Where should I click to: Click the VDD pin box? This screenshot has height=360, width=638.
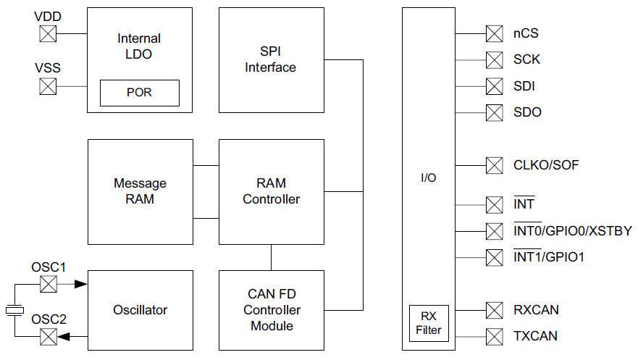pyautogui.click(x=48, y=33)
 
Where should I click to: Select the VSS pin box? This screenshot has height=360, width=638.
pyautogui.click(x=48, y=86)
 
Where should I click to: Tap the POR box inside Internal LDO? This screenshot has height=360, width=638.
pyautogui.click(x=139, y=93)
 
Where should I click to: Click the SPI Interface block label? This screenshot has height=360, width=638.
pyautogui.click(x=271, y=60)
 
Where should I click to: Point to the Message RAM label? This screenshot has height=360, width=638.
pyautogui.click(x=140, y=191)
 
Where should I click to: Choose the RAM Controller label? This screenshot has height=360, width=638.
pyautogui.click(x=271, y=191)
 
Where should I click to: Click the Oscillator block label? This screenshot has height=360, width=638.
pyautogui.click(x=140, y=310)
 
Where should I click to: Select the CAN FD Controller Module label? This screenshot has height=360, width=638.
pyautogui.click(x=272, y=310)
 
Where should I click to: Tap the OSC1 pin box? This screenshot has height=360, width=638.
pyautogui.click(x=48, y=284)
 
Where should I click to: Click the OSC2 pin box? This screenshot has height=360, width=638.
pyautogui.click(x=48, y=336)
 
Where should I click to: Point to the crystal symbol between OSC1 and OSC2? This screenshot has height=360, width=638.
pyautogui.click(x=14, y=310)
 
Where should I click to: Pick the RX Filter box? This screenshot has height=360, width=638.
pyautogui.click(x=429, y=323)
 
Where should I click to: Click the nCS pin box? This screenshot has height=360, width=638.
pyautogui.click(x=494, y=33)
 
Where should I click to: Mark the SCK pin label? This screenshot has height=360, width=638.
pyautogui.click(x=526, y=59)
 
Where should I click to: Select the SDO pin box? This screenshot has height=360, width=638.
pyautogui.click(x=494, y=112)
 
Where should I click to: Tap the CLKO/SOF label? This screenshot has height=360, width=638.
pyautogui.click(x=546, y=165)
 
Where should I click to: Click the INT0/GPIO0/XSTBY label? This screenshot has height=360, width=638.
pyautogui.click(x=572, y=231)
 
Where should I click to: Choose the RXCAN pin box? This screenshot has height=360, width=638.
pyautogui.click(x=494, y=310)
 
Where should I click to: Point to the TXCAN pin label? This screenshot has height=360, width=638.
pyautogui.click(x=536, y=336)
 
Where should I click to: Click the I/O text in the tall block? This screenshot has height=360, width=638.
pyautogui.click(x=429, y=177)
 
